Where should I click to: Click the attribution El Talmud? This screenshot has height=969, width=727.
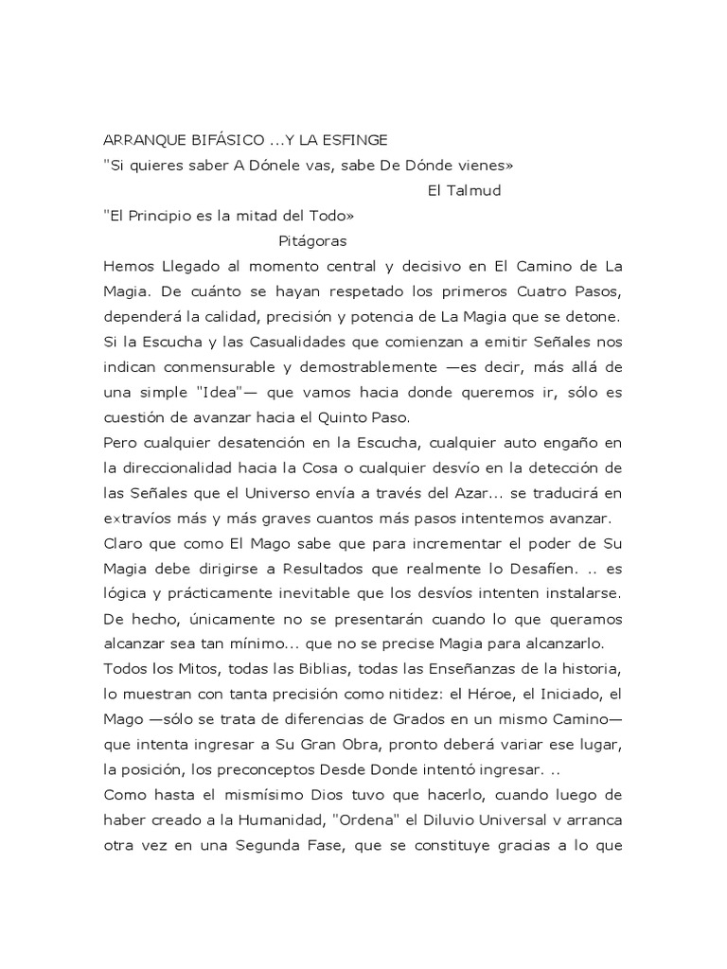[465, 190]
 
